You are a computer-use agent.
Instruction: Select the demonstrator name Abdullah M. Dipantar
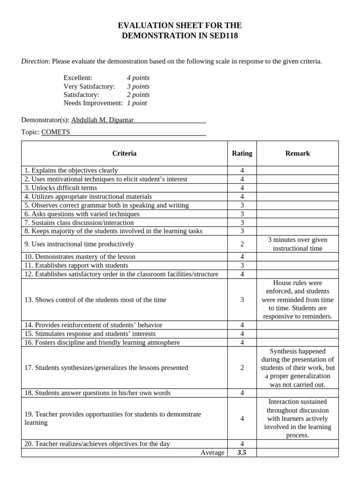coord(102,120)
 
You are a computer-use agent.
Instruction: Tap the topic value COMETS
coord(55,132)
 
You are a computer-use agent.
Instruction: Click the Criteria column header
coord(124,153)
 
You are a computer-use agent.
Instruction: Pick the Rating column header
coord(242,153)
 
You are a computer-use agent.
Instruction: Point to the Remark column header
coord(298,153)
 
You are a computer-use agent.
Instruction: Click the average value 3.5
coord(242,452)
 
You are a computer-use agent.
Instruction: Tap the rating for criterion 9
coord(242,244)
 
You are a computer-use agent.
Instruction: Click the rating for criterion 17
coord(242,368)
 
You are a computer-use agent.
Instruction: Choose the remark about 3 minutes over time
coord(298,244)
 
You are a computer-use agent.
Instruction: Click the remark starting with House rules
coord(298,300)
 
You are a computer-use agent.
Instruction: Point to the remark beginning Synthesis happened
coord(298,368)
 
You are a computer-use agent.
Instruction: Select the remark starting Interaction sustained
coord(298,419)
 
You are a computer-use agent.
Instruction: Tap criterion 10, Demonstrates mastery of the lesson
coord(80,257)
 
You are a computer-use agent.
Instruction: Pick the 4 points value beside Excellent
coord(138,78)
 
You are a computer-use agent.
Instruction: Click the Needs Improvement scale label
coord(93,103)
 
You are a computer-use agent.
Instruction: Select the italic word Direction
coord(35,61)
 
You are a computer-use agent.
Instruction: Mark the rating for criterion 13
coord(242,300)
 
